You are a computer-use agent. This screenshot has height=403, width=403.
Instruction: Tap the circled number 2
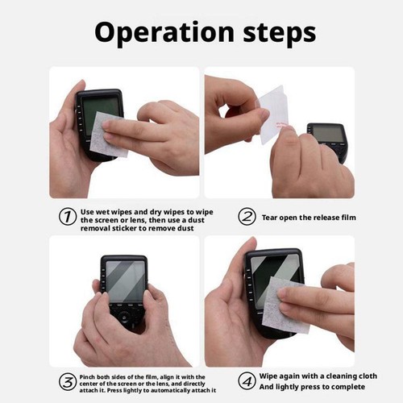(x=247, y=217)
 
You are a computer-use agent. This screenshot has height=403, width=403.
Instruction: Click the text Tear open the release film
(x=310, y=218)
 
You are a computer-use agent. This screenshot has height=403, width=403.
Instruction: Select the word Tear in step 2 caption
(x=270, y=218)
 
